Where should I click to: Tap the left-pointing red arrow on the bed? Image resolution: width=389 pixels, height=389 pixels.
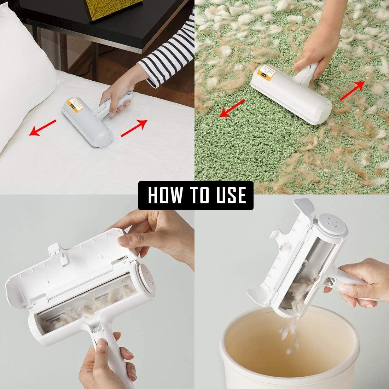42,127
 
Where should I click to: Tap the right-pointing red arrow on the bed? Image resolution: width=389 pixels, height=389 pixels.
134,128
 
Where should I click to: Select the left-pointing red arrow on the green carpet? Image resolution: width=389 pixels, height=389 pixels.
232,108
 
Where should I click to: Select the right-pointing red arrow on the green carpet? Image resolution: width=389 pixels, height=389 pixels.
353,90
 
